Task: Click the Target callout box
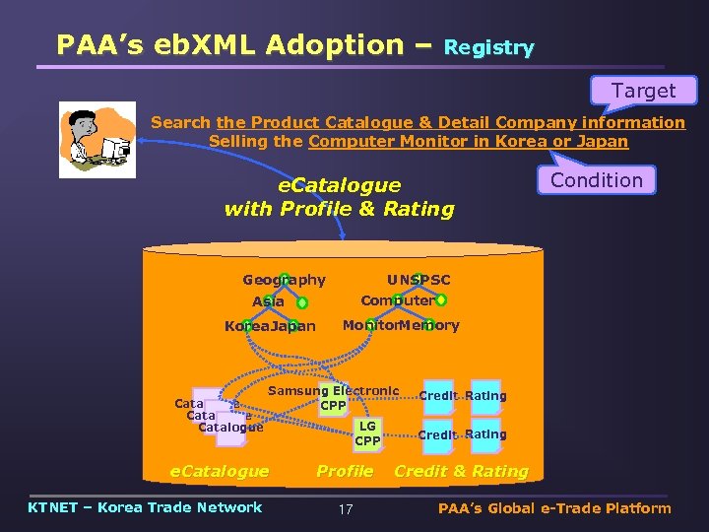(643, 92)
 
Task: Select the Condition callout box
(596, 180)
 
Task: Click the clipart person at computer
(97, 139)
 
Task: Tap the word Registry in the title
(489, 47)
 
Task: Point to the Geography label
(284, 281)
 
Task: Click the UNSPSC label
(419, 281)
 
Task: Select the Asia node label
(268, 301)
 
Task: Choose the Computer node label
(397, 300)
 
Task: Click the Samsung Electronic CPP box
(334, 398)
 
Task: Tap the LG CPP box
(367, 433)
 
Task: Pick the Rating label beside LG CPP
(485, 433)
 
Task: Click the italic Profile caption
(345, 471)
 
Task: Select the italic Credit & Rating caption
(461, 471)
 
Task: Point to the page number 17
(345, 509)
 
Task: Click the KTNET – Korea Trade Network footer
(146, 507)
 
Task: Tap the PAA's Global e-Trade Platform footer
(554, 508)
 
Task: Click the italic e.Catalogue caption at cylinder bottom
(220, 471)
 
